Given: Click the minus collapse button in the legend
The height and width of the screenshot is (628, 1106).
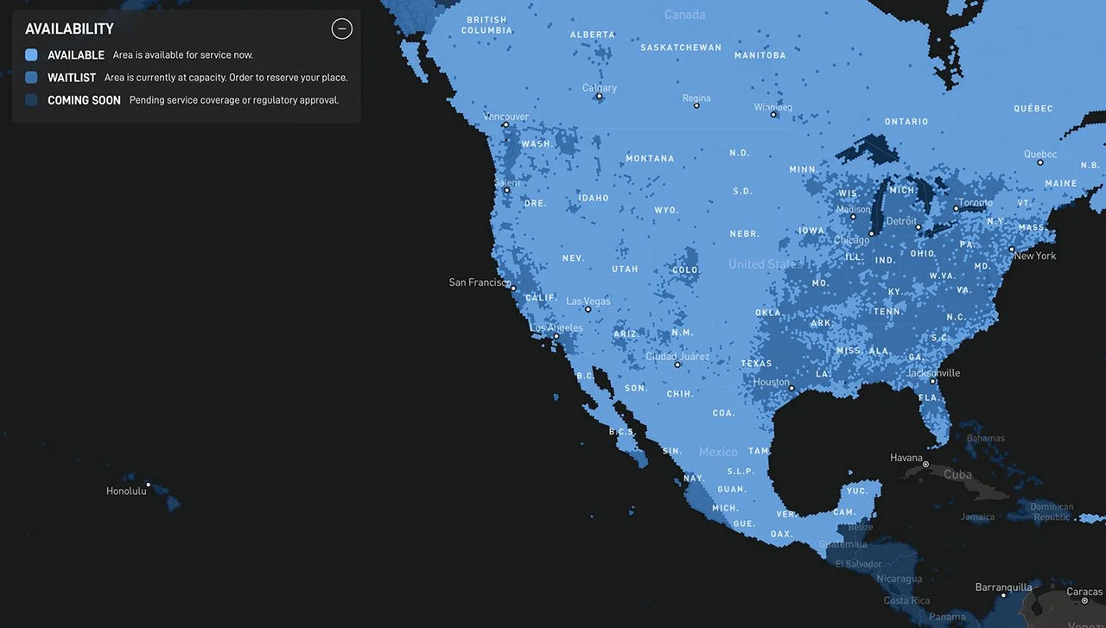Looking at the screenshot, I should pos(342,29).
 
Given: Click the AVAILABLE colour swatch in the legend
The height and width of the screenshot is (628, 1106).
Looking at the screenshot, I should pos(32,54).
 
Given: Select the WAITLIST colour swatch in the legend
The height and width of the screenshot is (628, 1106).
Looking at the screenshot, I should pos(32,78).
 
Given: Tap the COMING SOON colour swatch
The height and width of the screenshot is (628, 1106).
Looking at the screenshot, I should pos(32,100).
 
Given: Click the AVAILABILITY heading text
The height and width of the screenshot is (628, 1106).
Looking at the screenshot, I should pos(69,29).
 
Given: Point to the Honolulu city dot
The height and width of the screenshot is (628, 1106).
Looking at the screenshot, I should pos(148,485).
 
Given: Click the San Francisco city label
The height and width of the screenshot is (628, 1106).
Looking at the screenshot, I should pos(479,282).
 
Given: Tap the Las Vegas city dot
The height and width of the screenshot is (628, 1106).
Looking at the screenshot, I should pos(588,309).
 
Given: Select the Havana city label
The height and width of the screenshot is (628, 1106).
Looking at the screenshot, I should pos(906,458).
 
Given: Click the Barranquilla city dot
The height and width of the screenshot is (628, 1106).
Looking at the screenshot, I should pos(1003,595).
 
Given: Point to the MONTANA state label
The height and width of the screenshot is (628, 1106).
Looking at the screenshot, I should pos(650,159).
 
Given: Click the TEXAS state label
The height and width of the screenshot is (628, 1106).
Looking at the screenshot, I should pos(756,364).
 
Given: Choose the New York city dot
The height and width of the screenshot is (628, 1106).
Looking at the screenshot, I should pos(1012,250).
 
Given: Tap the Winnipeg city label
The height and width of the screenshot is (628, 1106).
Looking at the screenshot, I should pos(772,107).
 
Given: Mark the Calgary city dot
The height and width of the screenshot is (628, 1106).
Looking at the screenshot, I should pos(599,96).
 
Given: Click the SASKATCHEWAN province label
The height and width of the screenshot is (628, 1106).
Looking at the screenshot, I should pos(681,48).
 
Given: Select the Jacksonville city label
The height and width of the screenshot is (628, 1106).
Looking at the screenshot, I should pos(933,373).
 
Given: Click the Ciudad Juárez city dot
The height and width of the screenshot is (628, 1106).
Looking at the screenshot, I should pos(677,365).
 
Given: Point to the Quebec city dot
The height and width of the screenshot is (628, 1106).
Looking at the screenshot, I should pos(1041,162).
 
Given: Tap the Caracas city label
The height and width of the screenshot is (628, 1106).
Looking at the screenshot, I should pos(1084,592).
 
